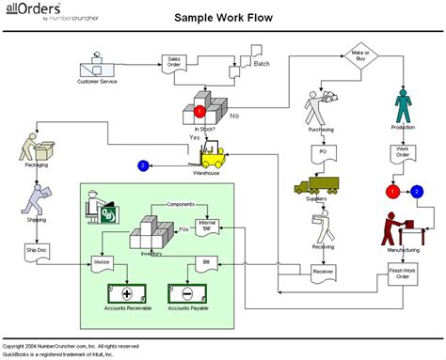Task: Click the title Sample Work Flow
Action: coord(222,17)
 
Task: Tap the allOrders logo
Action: coord(38,11)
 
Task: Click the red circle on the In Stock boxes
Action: coord(200,111)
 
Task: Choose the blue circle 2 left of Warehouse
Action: coord(143,166)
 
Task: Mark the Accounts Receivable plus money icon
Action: coord(125,291)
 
